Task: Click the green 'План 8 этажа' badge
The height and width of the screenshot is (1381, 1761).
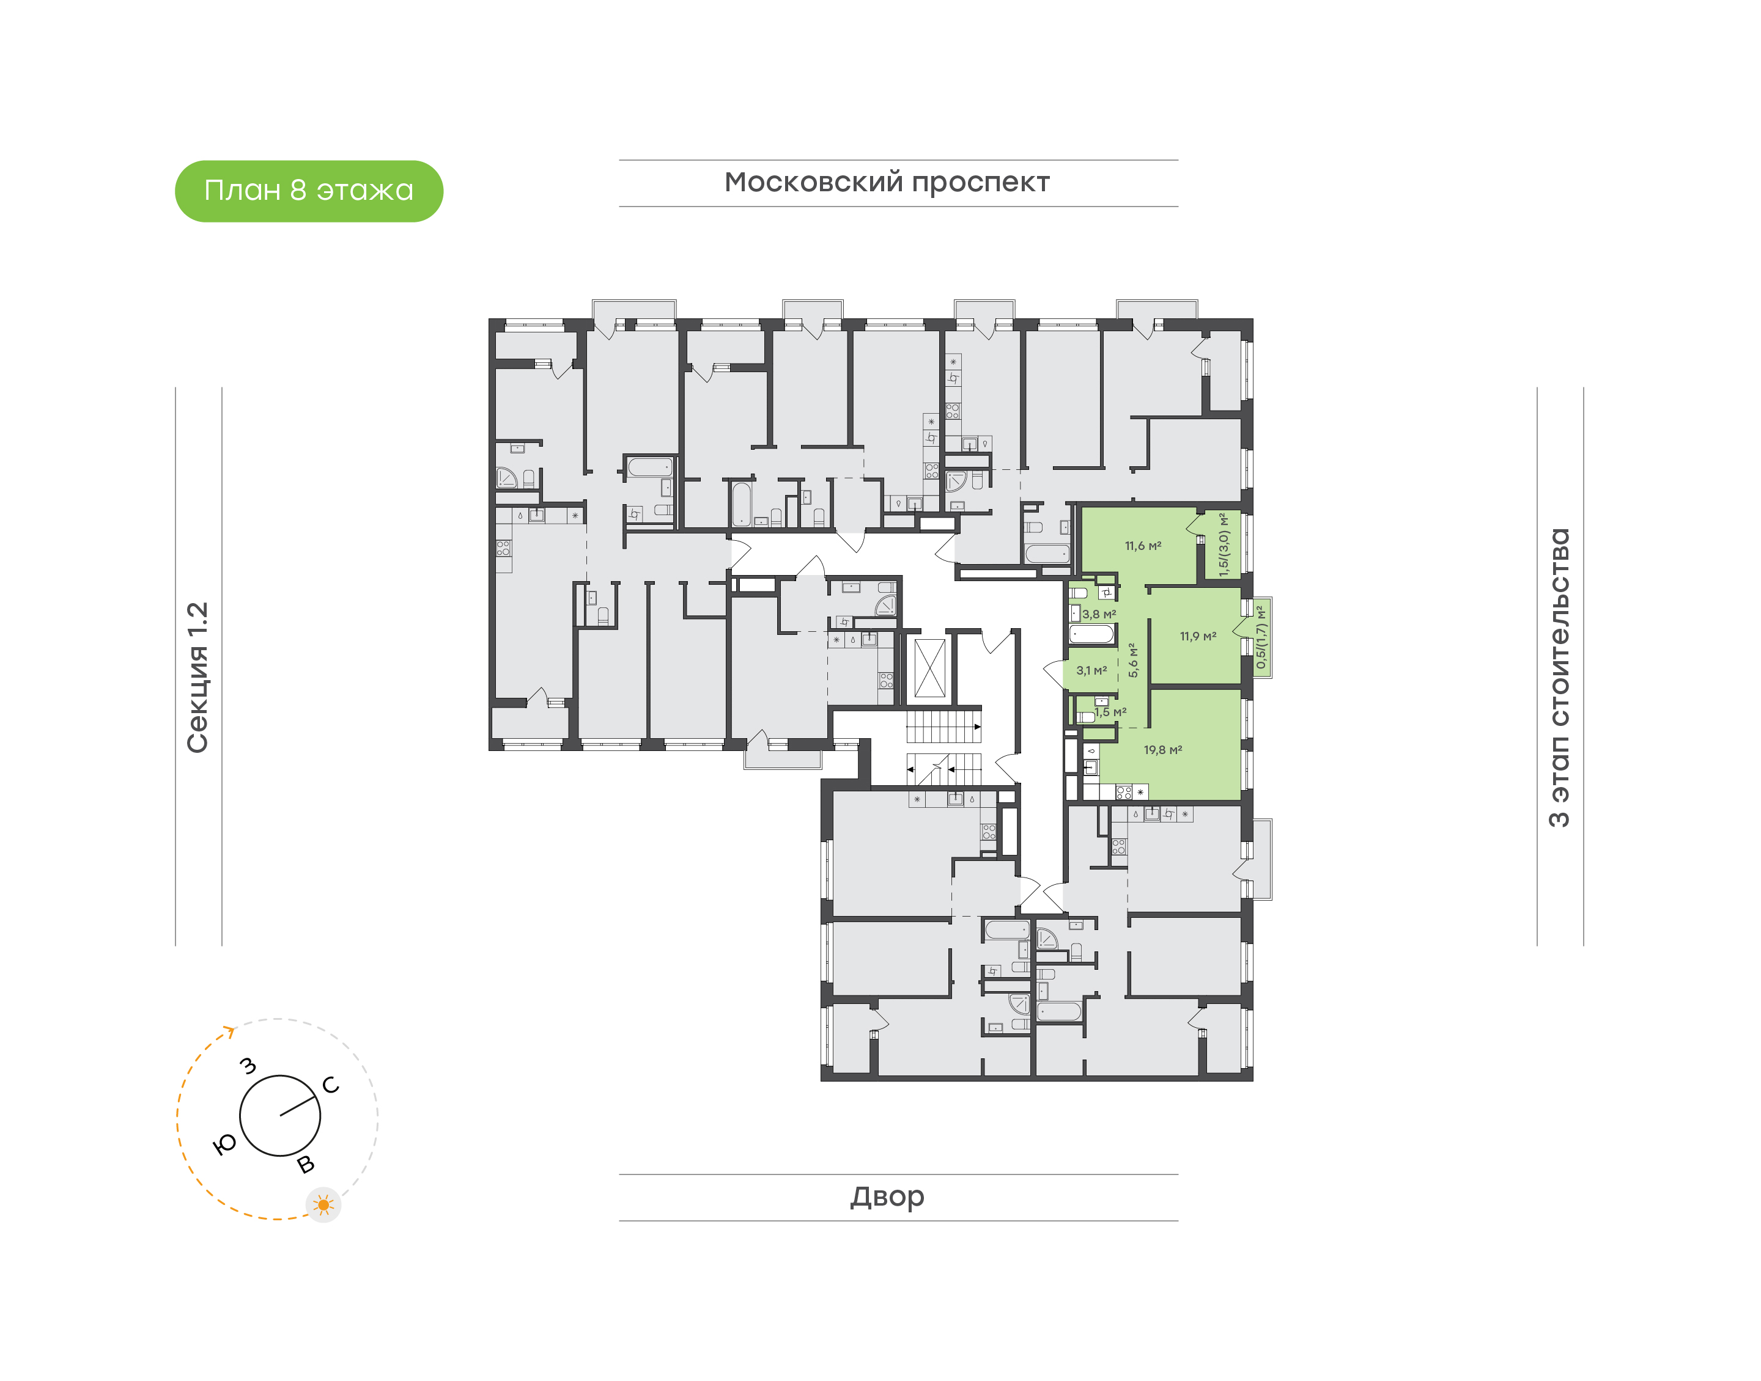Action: click(x=308, y=191)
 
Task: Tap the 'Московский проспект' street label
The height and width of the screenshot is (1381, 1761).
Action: click(x=887, y=183)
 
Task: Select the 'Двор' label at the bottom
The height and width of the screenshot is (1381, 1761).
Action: click(x=887, y=1196)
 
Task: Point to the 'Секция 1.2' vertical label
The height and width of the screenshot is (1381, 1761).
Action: click(x=198, y=678)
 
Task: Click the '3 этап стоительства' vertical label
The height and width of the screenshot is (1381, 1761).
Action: click(x=1559, y=678)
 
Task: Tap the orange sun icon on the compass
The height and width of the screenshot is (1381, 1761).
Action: click(x=323, y=1205)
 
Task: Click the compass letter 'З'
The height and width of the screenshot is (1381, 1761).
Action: click(x=248, y=1066)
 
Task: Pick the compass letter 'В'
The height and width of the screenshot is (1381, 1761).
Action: click(x=306, y=1164)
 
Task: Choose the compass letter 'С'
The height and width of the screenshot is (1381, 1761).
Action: click(x=331, y=1085)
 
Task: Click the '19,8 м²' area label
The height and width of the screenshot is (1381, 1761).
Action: click(x=1162, y=750)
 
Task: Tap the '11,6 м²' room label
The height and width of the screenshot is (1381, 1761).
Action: click(x=1143, y=546)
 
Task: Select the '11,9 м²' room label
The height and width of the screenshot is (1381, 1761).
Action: click(x=1197, y=636)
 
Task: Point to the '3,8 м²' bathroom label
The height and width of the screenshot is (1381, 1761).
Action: click(x=1099, y=615)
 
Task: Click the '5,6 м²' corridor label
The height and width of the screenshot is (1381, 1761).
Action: click(x=1133, y=660)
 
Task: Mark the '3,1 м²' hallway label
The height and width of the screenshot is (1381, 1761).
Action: click(x=1091, y=670)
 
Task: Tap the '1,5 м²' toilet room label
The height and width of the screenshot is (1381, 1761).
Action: click(x=1110, y=712)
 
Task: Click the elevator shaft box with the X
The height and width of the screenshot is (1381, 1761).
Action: click(x=929, y=668)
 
